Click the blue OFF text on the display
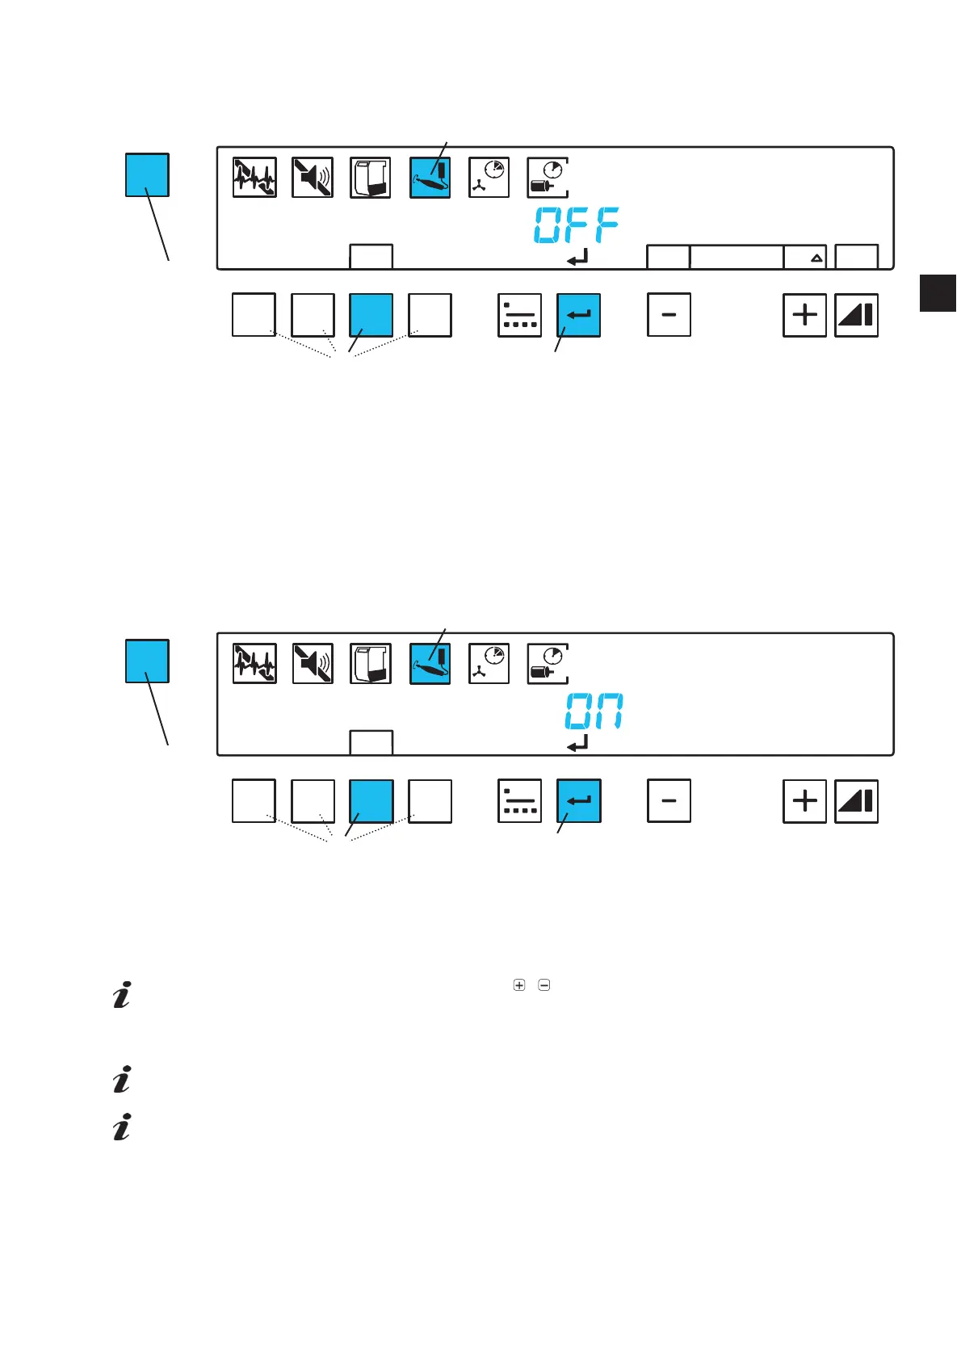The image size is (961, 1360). click(577, 225)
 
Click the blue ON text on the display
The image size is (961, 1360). click(594, 711)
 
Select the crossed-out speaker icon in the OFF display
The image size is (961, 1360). click(313, 178)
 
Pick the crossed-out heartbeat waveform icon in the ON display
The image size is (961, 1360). click(254, 664)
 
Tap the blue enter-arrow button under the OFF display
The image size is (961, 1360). click(578, 315)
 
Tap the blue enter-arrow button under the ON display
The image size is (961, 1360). click(578, 801)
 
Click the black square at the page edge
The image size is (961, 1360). click(938, 292)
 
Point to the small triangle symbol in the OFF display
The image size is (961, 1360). click(816, 258)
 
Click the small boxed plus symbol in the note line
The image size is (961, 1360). click(519, 985)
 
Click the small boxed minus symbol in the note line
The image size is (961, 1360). click(544, 985)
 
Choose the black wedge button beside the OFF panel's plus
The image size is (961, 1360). click(856, 315)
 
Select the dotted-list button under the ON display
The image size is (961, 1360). click(519, 801)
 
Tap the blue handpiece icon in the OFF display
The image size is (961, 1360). click(430, 178)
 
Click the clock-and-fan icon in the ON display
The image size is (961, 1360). click(489, 664)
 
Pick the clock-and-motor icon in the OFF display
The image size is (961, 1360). click(548, 178)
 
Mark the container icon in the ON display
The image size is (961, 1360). click(371, 664)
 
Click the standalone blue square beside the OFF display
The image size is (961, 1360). click(147, 174)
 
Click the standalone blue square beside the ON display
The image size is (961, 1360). click(147, 661)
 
